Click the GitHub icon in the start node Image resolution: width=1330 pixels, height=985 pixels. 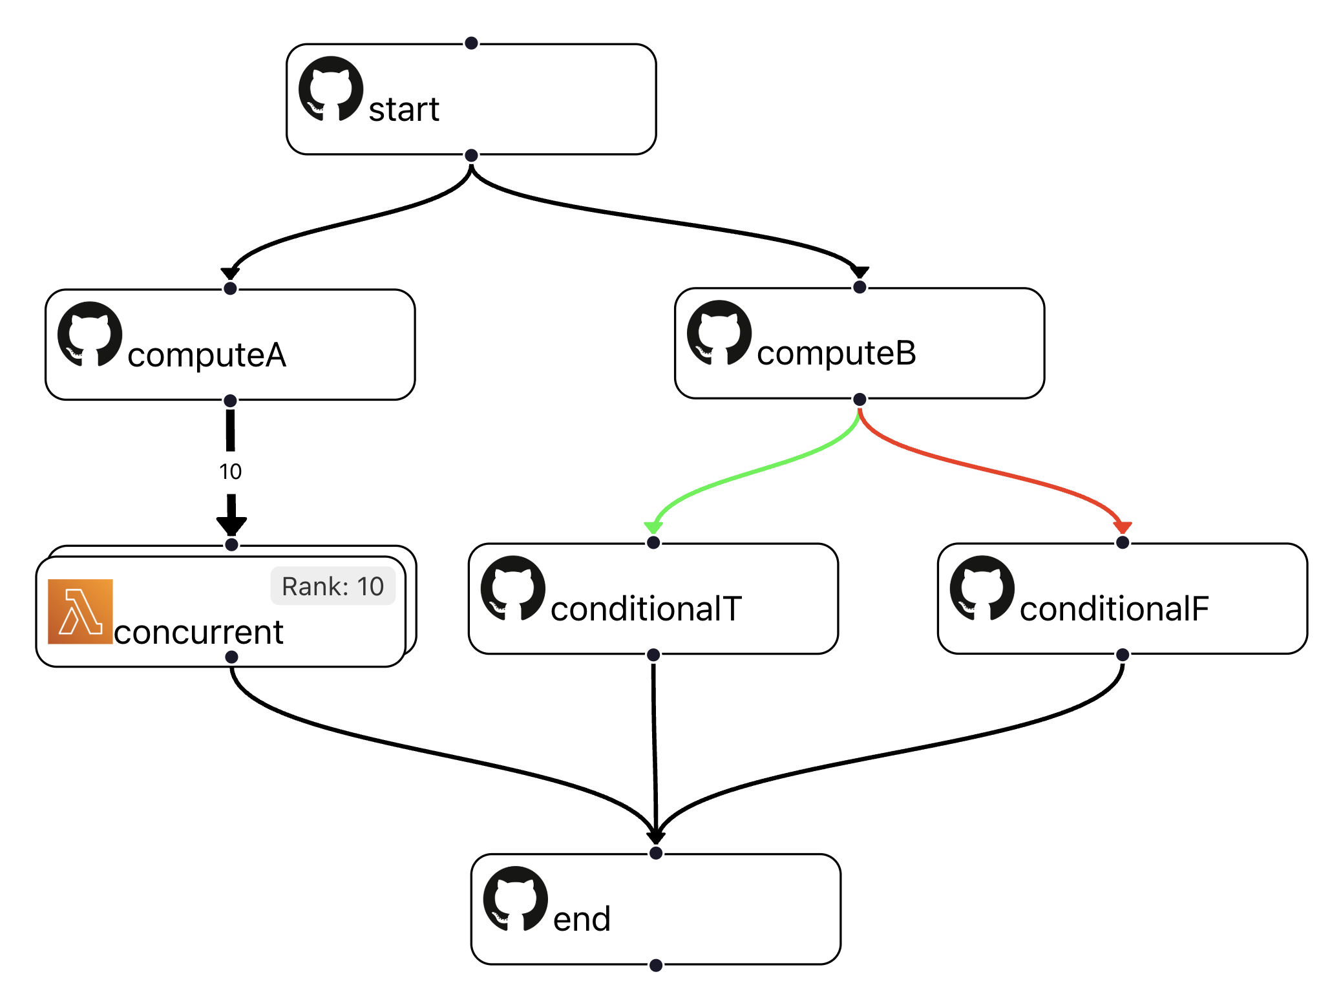(330, 89)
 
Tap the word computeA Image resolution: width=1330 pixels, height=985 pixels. (206, 355)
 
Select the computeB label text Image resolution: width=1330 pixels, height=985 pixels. (836, 353)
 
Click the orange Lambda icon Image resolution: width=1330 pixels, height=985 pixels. (80, 611)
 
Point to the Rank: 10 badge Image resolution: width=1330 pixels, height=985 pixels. (332, 586)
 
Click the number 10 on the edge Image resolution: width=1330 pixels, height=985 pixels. (230, 472)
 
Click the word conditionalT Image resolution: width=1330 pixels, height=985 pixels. (646, 609)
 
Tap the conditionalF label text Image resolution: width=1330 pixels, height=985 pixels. (1114, 609)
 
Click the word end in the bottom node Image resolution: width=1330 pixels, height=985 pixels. (582, 919)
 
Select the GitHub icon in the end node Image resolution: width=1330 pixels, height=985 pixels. (515, 898)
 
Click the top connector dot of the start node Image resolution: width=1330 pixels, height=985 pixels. (471, 43)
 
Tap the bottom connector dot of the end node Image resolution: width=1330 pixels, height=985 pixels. (655, 965)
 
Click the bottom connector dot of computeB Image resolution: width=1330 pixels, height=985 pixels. (859, 399)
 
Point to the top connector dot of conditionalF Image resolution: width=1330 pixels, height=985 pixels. (1122, 542)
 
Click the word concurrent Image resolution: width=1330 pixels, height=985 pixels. (198, 632)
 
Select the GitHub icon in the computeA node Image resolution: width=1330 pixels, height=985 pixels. (90, 334)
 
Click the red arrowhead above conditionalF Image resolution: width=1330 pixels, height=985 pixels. (1122, 527)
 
